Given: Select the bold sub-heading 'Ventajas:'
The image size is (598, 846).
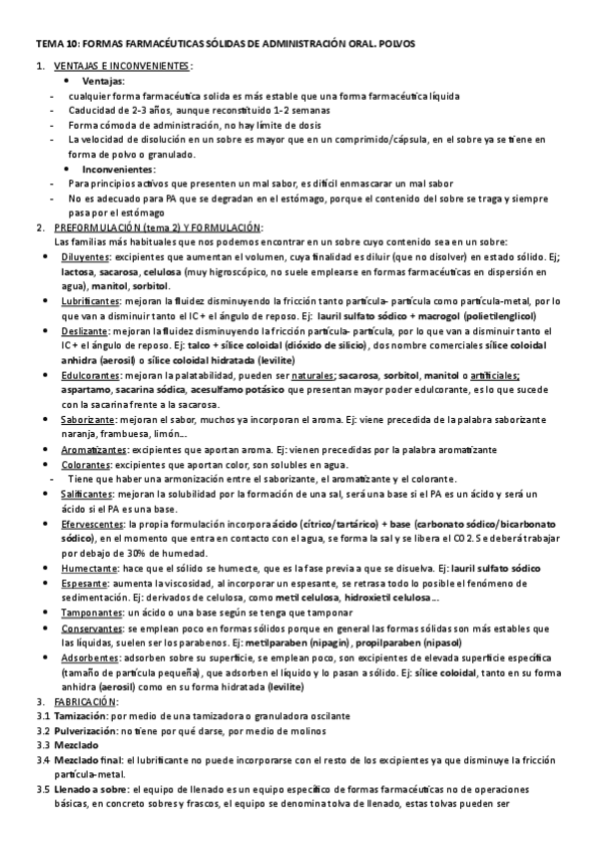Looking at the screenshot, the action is pos(103,80).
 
